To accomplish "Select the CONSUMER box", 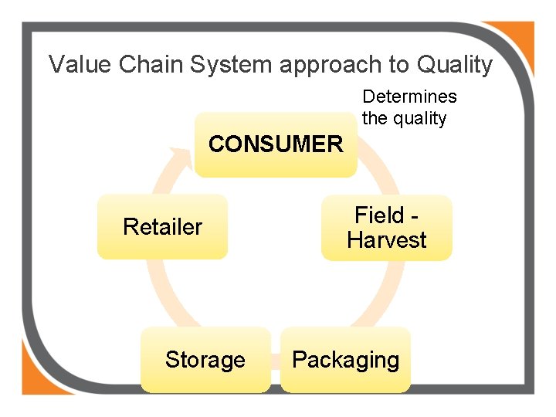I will (275, 144).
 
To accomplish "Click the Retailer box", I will (162, 227).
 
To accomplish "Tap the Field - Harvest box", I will (386, 228).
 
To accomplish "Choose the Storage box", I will (205, 360).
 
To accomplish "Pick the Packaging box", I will (345, 360).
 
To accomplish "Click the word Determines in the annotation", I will (409, 97).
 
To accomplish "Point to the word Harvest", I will (386, 240).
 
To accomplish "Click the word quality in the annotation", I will (419, 119).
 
